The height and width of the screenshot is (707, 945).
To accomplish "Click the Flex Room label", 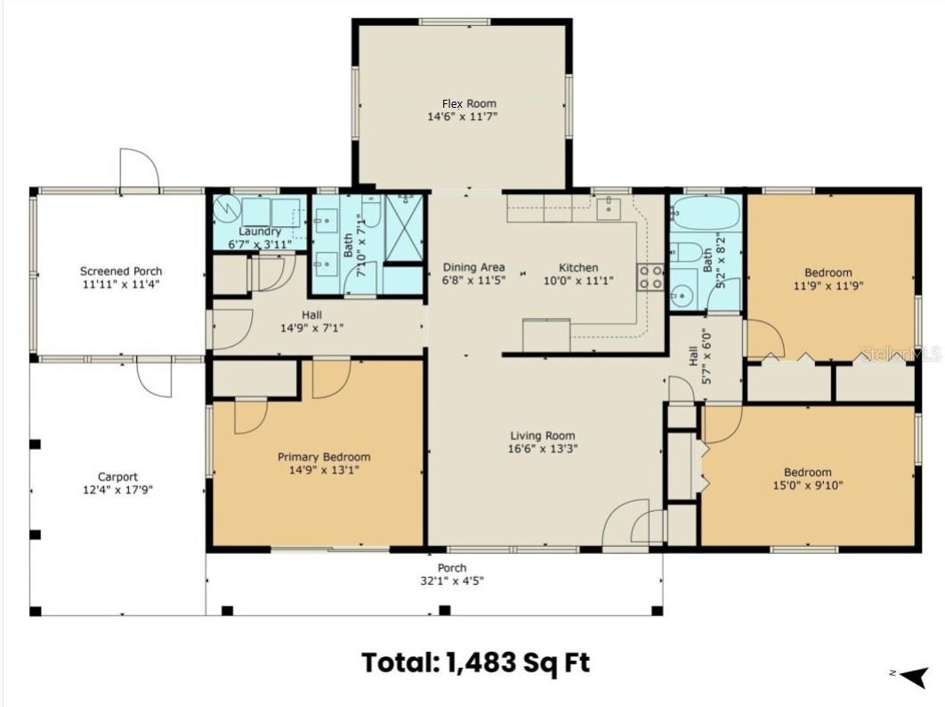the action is (470, 103).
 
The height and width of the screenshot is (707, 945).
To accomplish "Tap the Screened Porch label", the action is (121, 271).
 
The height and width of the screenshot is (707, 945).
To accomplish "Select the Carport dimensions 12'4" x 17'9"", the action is (118, 490).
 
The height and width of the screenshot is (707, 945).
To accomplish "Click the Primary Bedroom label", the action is (324, 457).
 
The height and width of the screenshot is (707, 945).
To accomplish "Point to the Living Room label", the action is (543, 435).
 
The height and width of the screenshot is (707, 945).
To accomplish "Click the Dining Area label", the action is (474, 266).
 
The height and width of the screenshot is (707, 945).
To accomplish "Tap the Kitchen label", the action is (578, 267).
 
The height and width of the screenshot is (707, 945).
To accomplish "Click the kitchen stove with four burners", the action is (650, 277).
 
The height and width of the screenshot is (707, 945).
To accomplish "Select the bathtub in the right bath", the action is (706, 213).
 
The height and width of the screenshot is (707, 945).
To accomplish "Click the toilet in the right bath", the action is (685, 251).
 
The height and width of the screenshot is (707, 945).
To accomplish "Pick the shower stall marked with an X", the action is (404, 229).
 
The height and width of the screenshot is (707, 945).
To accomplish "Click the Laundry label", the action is (260, 232).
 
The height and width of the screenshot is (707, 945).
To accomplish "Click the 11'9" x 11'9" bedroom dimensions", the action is (828, 285).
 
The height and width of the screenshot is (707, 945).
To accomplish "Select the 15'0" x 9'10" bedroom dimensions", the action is (808, 485).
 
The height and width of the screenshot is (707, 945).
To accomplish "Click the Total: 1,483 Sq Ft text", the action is (476, 662).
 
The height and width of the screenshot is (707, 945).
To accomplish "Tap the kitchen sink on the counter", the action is (610, 207).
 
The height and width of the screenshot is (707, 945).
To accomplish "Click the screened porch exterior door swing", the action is (140, 169).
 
